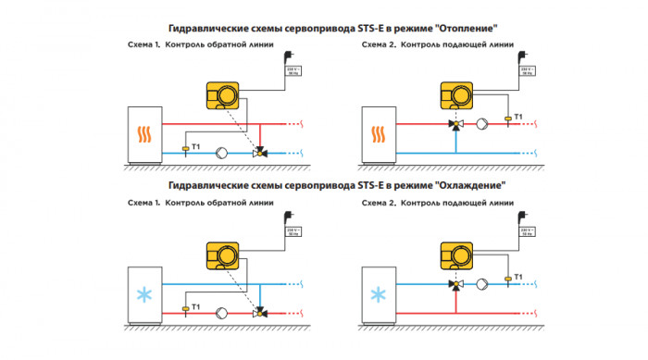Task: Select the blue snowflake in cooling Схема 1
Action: click(143, 296)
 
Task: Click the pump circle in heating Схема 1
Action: click(221, 152)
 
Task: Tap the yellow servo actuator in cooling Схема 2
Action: click(455, 253)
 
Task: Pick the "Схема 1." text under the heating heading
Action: click(145, 44)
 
